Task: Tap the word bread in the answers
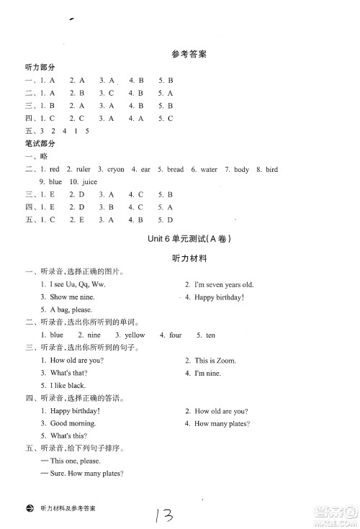point(175,170)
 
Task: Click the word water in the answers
point(209,170)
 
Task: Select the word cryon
point(116,170)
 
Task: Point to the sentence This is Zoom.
point(215,361)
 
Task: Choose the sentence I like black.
point(67,385)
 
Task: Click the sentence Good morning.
point(73,424)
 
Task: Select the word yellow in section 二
point(135,335)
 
